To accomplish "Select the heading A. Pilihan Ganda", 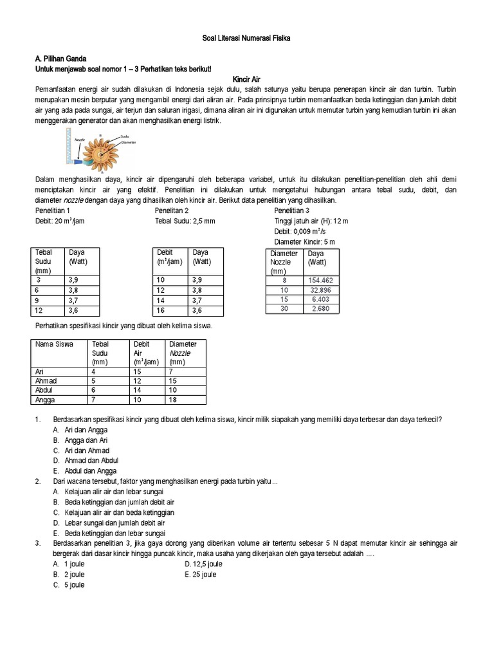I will click(x=59, y=58).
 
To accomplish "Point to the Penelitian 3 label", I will click(x=291, y=210).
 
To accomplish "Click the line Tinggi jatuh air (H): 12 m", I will click(x=311, y=221).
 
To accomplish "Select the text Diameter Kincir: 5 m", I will click(x=304, y=241).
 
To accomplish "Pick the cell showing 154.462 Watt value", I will click(x=320, y=281).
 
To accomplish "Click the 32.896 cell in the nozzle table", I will click(x=320, y=290).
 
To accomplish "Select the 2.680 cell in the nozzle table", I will click(x=320, y=309).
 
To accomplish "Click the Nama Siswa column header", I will click(x=54, y=344).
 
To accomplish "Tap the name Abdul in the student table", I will click(x=45, y=390).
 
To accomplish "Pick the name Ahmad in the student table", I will click(x=46, y=380).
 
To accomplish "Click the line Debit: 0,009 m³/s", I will click(x=302, y=231).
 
